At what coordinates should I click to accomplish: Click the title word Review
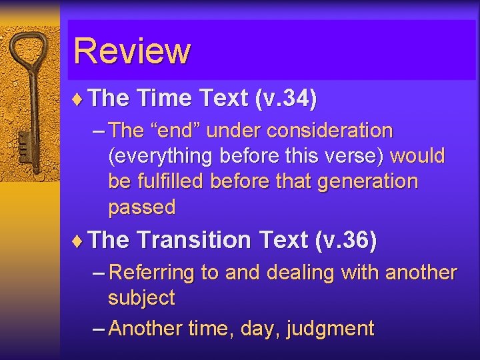[132, 51]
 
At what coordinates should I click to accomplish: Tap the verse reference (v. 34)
[286, 99]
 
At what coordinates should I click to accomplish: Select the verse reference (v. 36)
[345, 240]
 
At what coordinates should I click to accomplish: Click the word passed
[141, 207]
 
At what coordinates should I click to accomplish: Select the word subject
[141, 298]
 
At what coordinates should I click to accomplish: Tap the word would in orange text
[417, 156]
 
